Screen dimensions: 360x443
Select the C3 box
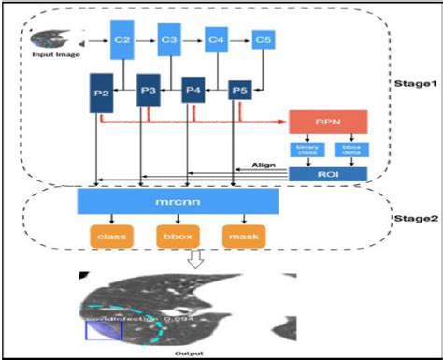point(169,40)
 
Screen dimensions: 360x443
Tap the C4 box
point(217,40)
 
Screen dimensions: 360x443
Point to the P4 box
point(193,92)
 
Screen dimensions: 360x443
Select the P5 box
point(239,92)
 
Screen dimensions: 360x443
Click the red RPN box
point(326,121)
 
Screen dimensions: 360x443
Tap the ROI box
point(326,173)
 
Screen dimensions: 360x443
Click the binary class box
point(307,150)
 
